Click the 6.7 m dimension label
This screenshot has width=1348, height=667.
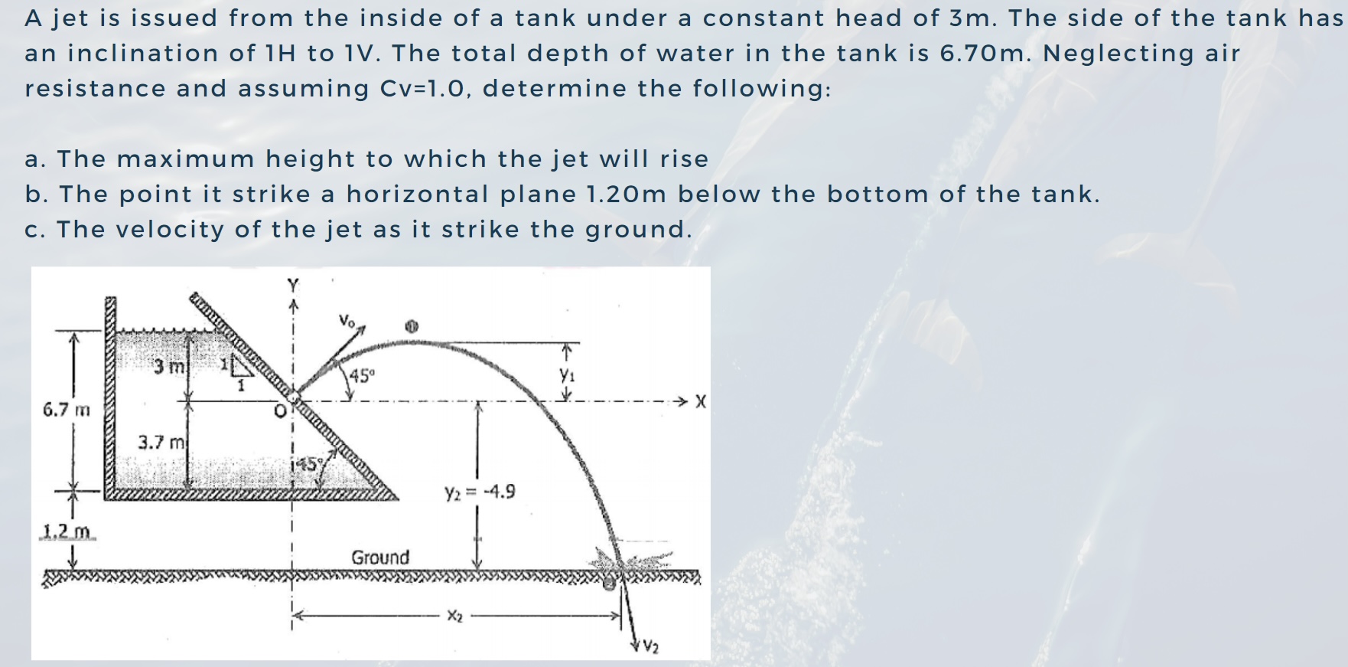click(66, 410)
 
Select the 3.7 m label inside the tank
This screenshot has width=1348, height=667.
click(161, 443)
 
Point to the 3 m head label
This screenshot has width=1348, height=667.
click(168, 367)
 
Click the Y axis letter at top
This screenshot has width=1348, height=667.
click(292, 284)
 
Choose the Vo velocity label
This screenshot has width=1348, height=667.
click(347, 320)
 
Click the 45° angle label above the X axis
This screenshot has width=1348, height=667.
click(363, 376)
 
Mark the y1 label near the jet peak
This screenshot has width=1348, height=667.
click(566, 375)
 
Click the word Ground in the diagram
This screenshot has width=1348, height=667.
click(380, 557)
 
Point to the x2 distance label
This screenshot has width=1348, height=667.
click(454, 616)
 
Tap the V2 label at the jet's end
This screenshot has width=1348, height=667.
click(650, 647)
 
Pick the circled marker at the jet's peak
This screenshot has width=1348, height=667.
click(412, 326)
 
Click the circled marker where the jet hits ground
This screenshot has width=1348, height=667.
click(608, 584)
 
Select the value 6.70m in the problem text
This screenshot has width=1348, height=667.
click(986, 54)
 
